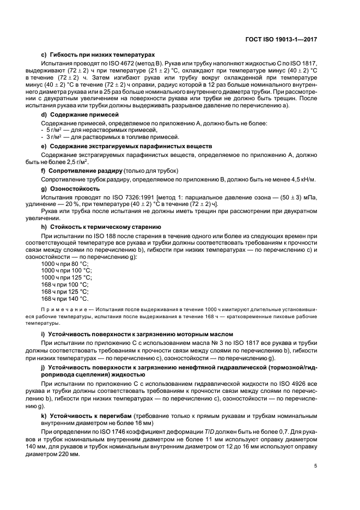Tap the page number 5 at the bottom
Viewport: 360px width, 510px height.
coord(316,465)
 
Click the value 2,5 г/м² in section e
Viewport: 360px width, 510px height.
coord(77,162)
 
